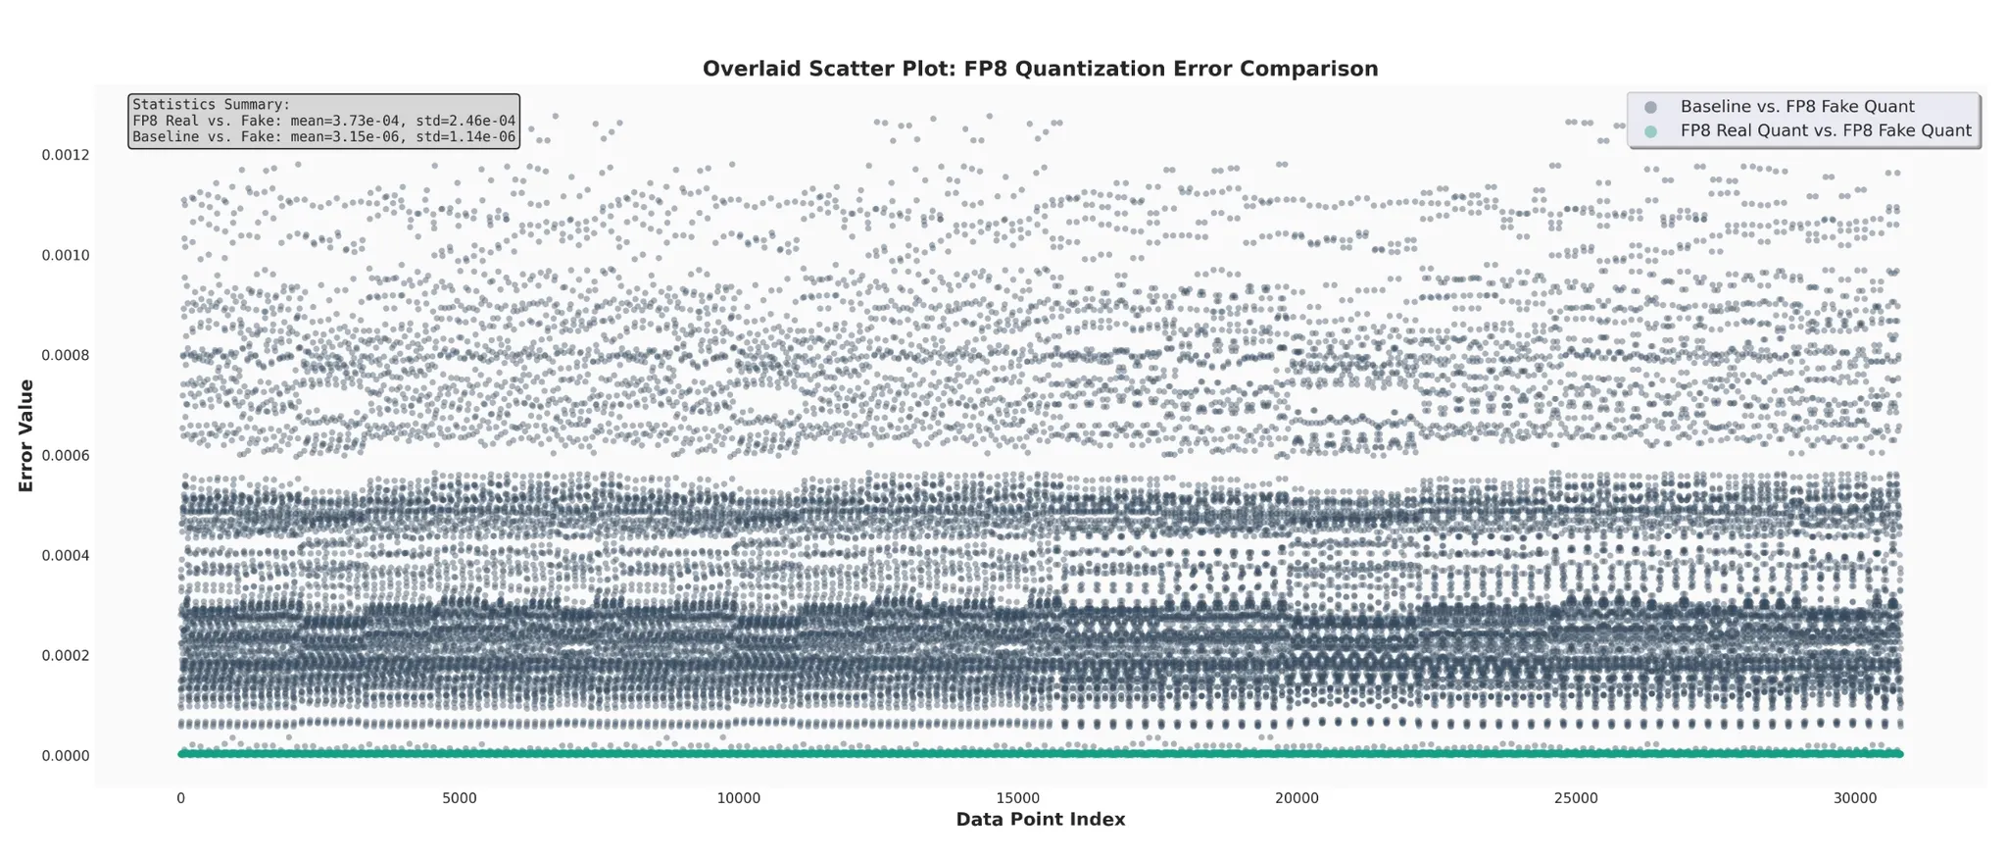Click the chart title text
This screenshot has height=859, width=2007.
tap(1040, 69)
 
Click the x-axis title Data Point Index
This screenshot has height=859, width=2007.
tap(1040, 820)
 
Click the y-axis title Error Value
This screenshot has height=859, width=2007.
tap(26, 435)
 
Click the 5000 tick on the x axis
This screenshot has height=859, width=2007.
tap(460, 798)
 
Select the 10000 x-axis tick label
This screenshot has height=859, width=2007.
tap(738, 798)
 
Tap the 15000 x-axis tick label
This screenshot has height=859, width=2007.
tap(1017, 798)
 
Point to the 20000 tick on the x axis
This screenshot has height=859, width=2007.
tap(1297, 798)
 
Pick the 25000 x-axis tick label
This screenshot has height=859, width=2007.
tap(1576, 798)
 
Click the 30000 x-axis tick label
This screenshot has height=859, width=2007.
tap(1854, 798)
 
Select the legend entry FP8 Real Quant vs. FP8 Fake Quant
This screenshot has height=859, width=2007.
tap(1825, 131)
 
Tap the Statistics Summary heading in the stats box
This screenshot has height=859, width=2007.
tap(211, 105)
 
